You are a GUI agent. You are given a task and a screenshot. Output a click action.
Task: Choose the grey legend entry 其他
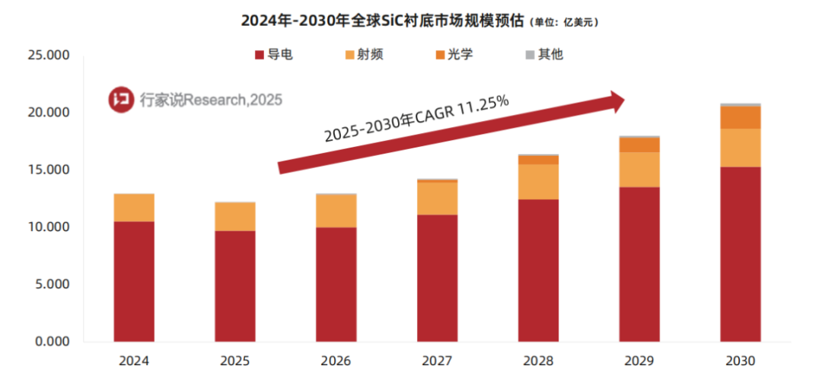[543, 56]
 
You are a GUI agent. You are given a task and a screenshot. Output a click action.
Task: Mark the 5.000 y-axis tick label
[52, 285]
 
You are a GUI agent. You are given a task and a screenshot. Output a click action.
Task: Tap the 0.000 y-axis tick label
[52, 342]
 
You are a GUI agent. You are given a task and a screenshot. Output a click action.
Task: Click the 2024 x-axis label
[134, 360]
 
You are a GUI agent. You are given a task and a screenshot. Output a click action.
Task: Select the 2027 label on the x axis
[437, 360]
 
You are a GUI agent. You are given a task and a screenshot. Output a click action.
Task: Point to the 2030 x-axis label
[741, 360]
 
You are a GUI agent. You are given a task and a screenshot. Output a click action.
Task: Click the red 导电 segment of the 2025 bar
[235, 285]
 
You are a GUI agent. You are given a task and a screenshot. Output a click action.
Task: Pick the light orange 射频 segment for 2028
[538, 182]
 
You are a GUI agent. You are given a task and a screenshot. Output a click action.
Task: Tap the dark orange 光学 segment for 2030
[741, 117]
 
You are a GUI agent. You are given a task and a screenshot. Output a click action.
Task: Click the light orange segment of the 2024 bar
[134, 207]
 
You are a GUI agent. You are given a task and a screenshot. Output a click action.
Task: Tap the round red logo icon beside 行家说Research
[120, 99]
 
